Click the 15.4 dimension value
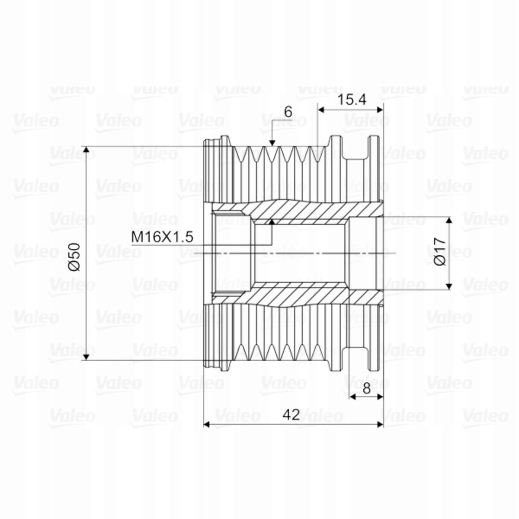tap(352, 100)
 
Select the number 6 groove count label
tap(288, 112)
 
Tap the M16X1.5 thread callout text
tap(162, 237)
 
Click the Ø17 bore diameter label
tap(440, 251)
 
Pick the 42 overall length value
tap(291, 415)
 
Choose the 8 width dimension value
tap(367, 388)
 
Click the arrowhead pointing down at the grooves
tap(272, 143)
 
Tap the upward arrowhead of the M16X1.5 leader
tap(272, 222)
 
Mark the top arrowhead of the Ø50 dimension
tap(86, 150)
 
